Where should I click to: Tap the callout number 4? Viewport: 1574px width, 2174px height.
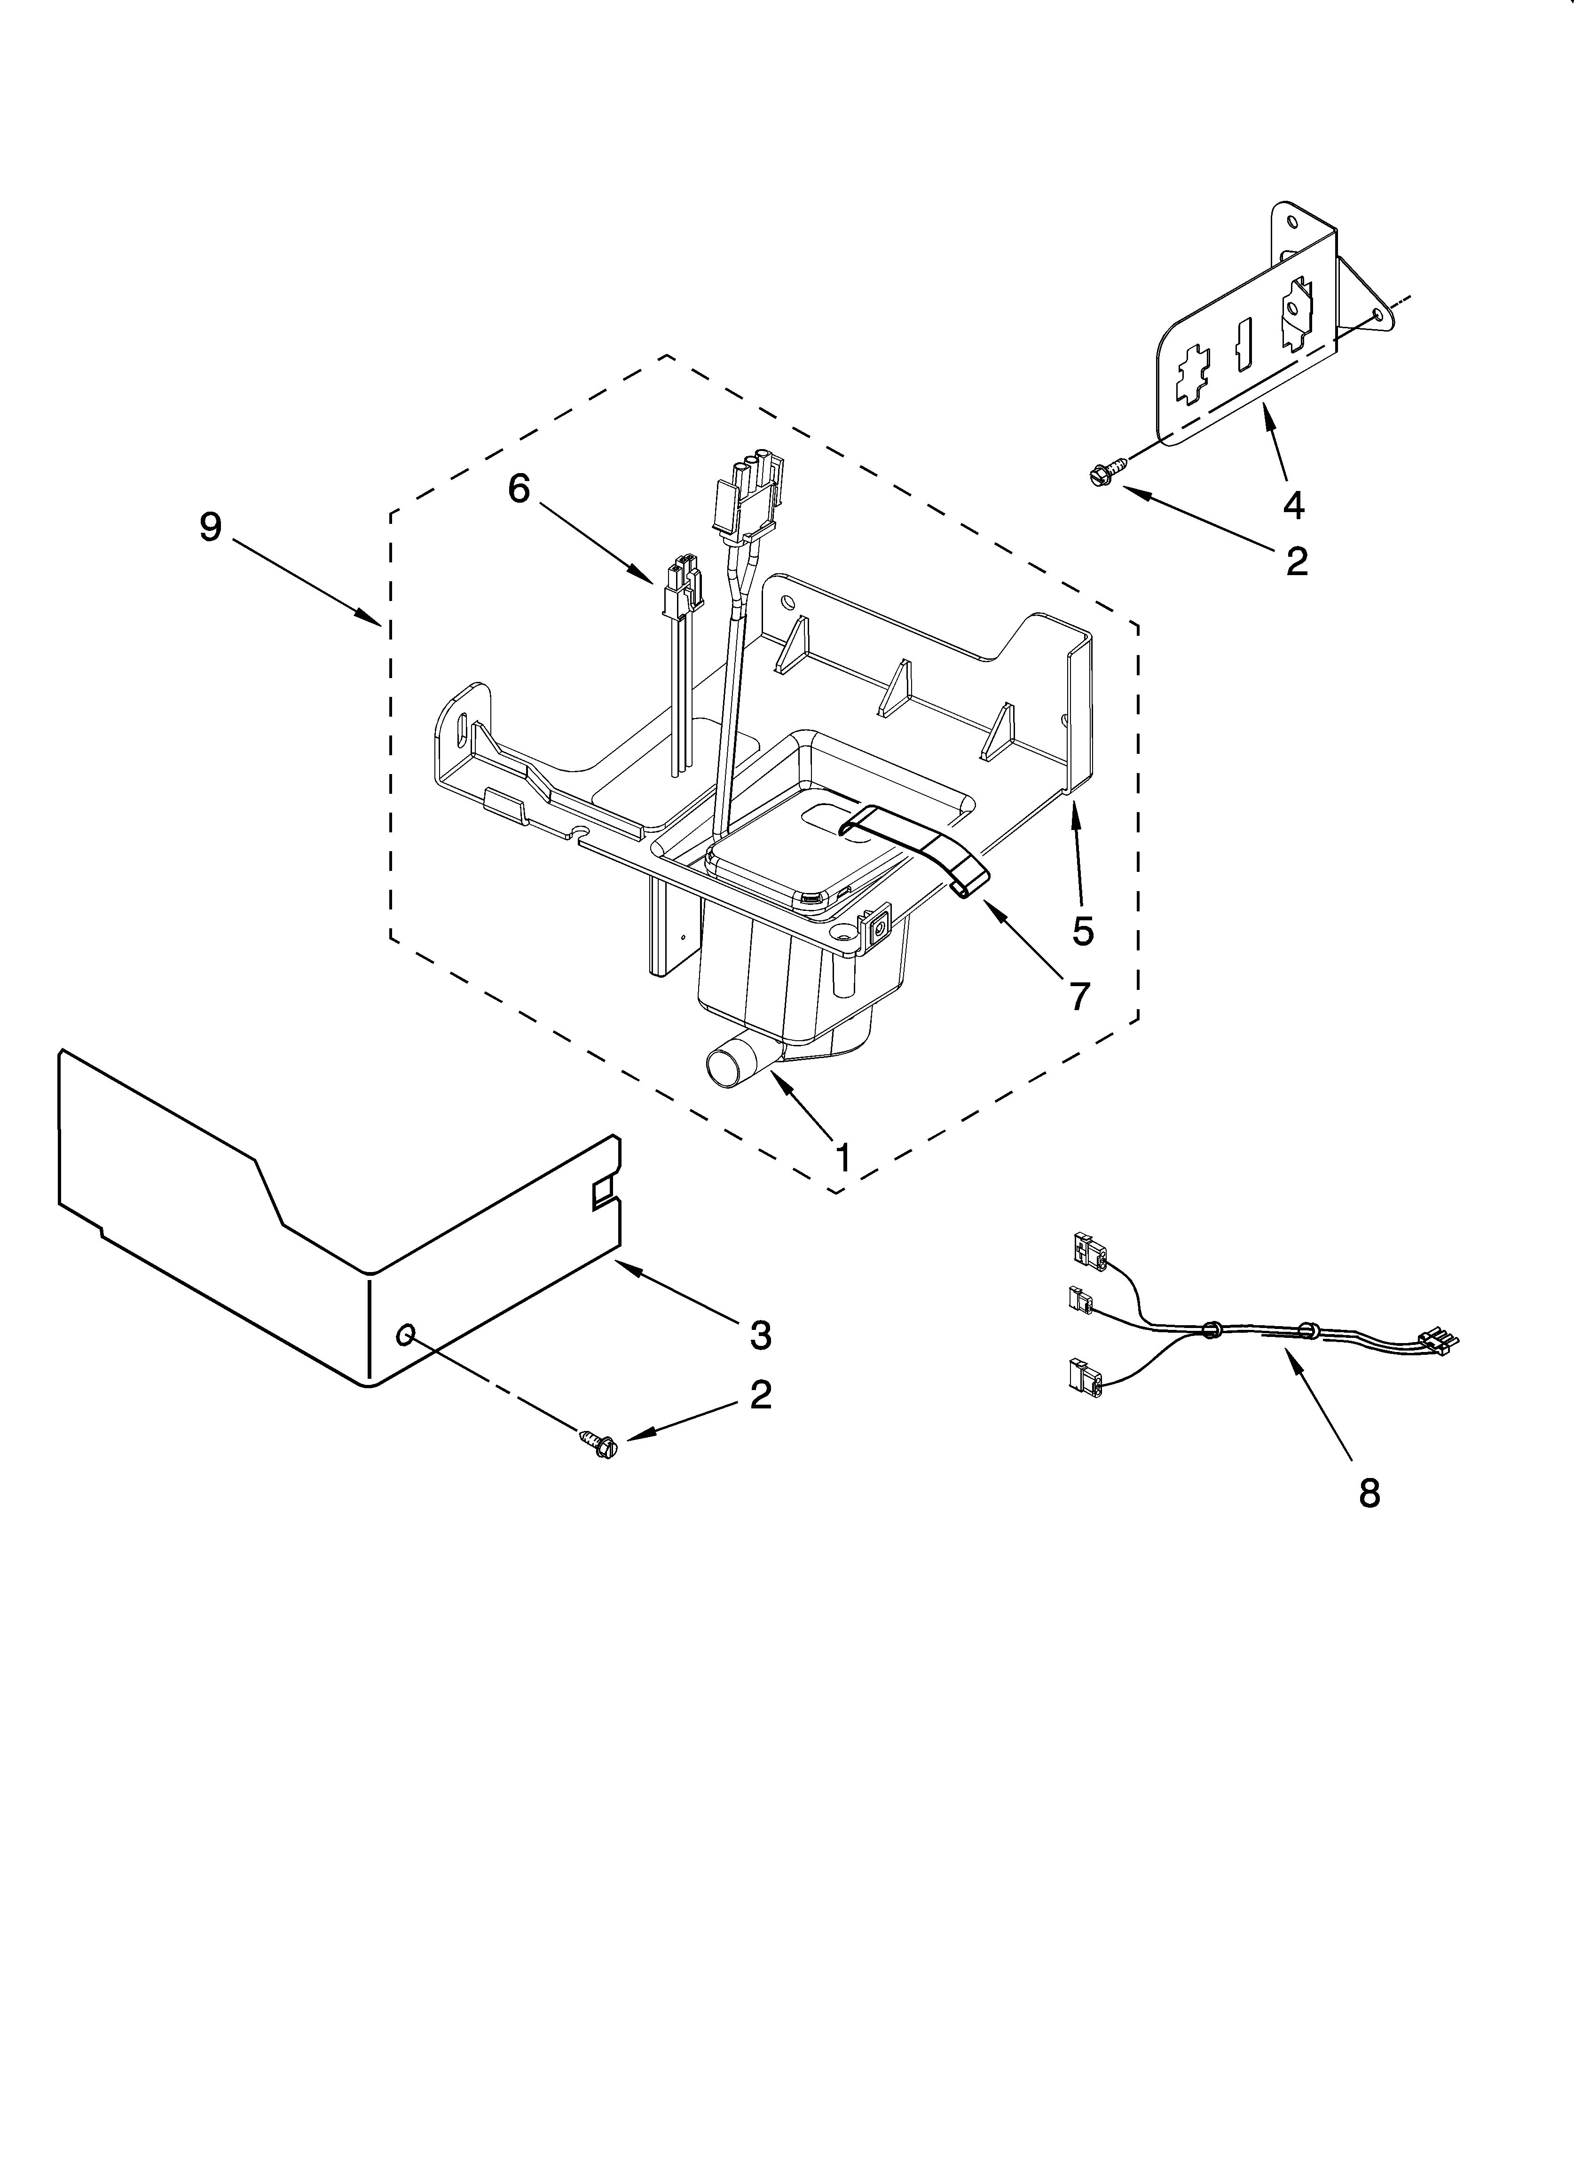coord(1293,505)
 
